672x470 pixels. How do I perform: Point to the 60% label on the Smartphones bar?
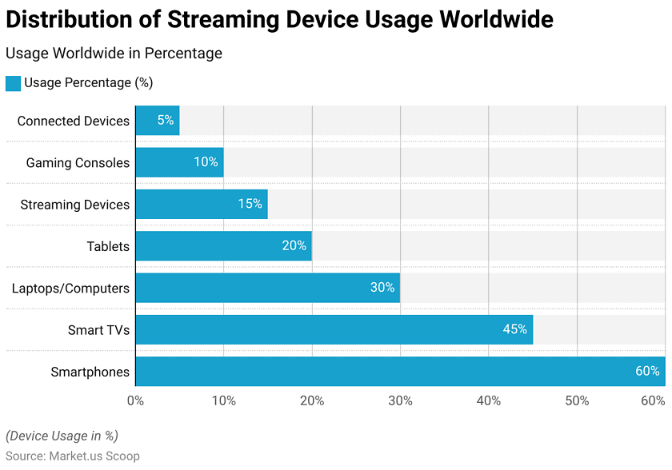[647, 371]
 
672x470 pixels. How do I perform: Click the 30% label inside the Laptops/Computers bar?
[382, 287]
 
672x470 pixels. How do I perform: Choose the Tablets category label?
[108, 246]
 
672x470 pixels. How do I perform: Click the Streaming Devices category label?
[74, 205]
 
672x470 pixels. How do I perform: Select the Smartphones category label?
[90, 372]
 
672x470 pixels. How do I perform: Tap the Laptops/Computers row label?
[70, 288]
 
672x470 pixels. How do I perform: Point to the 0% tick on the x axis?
[135, 400]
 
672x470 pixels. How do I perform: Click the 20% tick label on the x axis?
[312, 400]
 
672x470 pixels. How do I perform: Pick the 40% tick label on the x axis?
[489, 400]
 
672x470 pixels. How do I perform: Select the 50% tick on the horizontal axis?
[577, 400]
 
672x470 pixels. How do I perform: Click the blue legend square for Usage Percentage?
[13, 83]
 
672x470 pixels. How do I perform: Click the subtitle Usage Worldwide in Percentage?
[114, 54]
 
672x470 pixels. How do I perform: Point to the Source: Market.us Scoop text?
[73, 456]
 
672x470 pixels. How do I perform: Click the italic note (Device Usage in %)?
[62, 436]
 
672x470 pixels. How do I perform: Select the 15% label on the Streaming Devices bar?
[250, 204]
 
